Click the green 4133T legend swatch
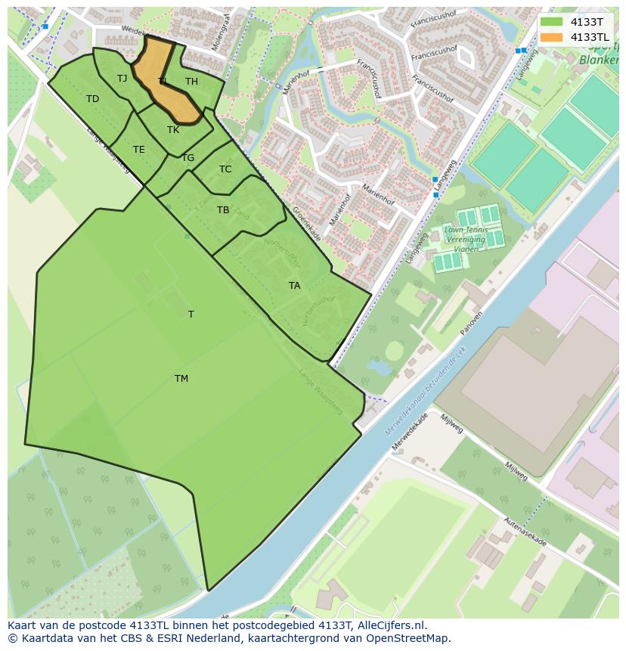pyautogui.click(x=552, y=22)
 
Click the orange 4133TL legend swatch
pyautogui.click(x=552, y=37)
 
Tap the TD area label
pyautogui.click(x=92, y=99)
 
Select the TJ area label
pyautogui.click(x=122, y=79)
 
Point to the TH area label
pyautogui.click(x=191, y=82)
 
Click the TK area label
pyautogui.click(x=173, y=130)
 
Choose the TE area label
pyautogui.click(x=138, y=150)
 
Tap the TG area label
pyautogui.click(x=187, y=158)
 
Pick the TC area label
pyautogui.click(x=225, y=169)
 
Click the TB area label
pyautogui.click(x=223, y=210)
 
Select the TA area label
pyautogui.click(x=294, y=286)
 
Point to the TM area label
pyautogui.click(x=181, y=379)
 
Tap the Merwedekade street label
pyautogui.click(x=409, y=431)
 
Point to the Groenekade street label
pyautogui.click(x=307, y=224)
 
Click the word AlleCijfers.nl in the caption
pyautogui.click(x=388, y=625)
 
